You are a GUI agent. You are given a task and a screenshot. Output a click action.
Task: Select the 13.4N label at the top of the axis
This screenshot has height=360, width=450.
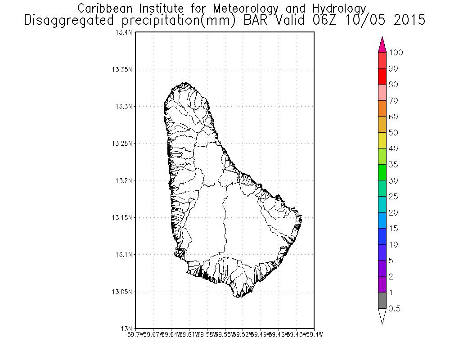(124, 33)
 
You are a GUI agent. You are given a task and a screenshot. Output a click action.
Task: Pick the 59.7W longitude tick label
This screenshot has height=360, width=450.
(136, 334)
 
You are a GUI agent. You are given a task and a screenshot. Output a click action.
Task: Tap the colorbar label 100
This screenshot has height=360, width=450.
(396, 53)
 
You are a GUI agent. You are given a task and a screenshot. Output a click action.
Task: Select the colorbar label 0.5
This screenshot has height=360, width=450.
(395, 309)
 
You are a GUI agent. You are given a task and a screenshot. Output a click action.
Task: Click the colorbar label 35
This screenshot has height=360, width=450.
(393, 165)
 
